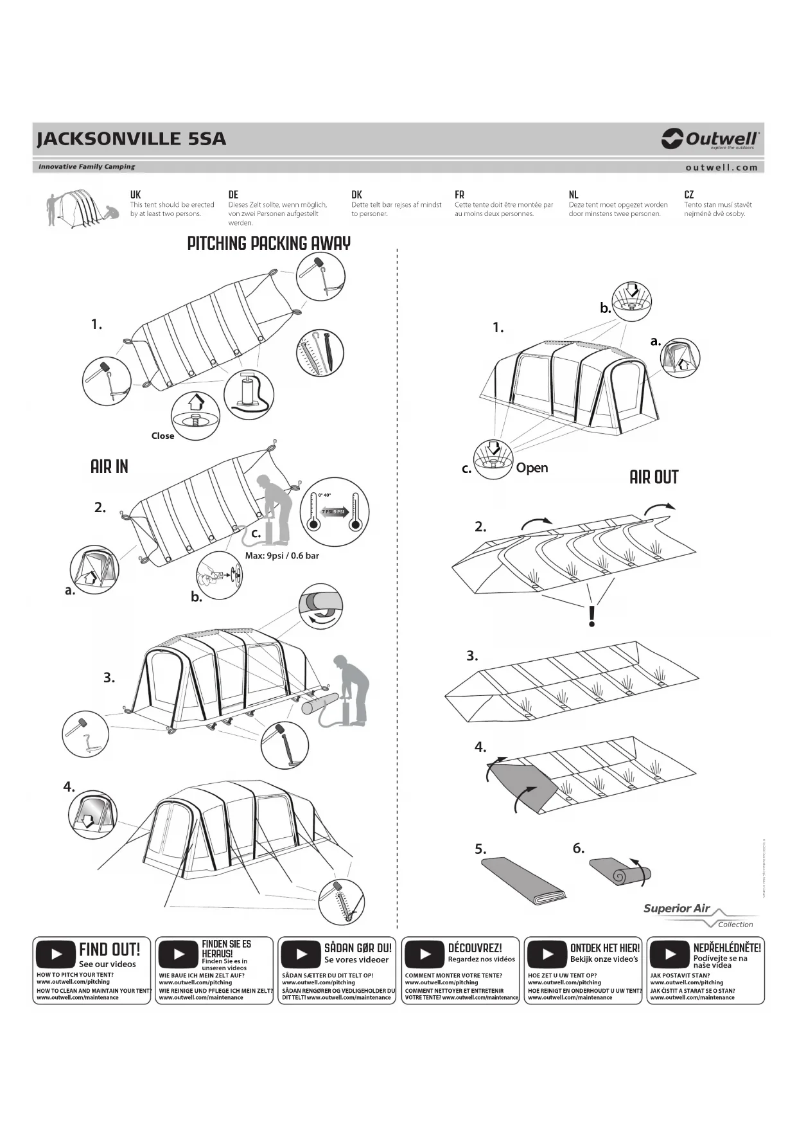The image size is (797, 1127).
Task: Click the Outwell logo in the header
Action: click(710, 139)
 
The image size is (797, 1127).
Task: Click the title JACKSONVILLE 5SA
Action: click(132, 139)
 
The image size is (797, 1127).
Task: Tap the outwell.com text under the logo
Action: click(721, 167)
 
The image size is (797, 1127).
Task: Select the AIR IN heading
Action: click(109, 466)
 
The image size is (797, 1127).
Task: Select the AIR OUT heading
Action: click(654, 477)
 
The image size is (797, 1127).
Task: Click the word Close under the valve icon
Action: click(162, 436)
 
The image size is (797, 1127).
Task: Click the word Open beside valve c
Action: click(532, 468)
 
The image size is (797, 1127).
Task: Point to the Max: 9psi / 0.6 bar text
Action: click(282, 556)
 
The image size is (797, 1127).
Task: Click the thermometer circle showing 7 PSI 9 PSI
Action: click(333, 511)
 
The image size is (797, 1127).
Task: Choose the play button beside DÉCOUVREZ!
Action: click(425, 954)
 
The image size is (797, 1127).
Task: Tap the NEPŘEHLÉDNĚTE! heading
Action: click(727, 948)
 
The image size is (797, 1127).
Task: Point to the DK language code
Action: click(356, 195)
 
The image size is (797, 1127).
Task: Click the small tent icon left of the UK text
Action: click(82, 207)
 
